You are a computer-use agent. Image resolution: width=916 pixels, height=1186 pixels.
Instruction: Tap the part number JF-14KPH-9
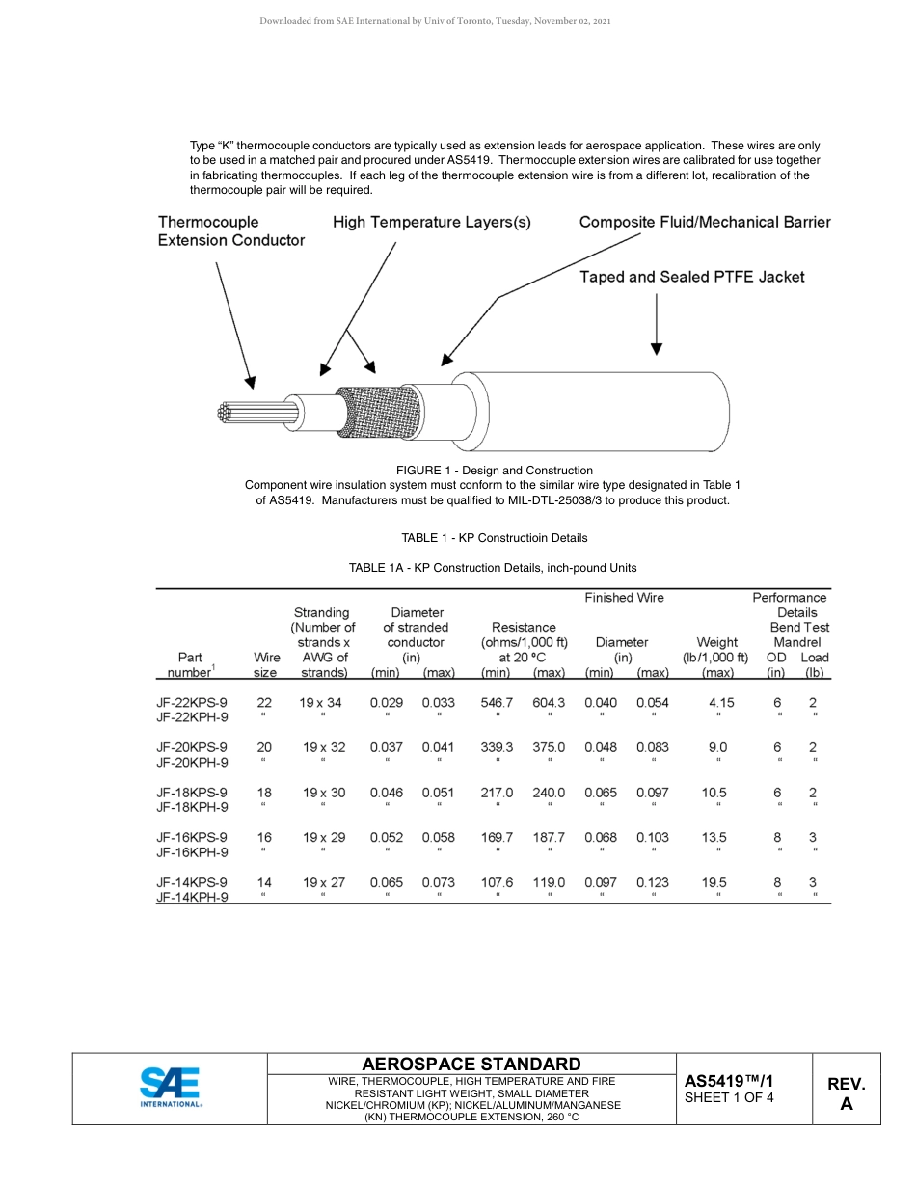click(x=192, y=897)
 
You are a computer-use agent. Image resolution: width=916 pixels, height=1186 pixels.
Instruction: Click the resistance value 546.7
click(x=497, y=703)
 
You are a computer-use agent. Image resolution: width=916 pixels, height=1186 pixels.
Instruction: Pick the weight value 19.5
click(x=714, y=882)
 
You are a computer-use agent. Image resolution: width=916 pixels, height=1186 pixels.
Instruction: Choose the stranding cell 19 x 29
click(x=323, y=838)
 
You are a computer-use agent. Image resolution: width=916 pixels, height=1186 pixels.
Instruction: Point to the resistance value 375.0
click(x=549, y=747)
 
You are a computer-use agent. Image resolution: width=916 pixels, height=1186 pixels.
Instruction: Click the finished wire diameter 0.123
click(x=652, y=882)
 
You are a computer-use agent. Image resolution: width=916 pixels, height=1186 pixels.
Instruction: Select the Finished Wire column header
click(x=624, y=598)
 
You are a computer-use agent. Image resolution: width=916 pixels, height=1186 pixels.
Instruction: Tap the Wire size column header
click(x=266, y=665)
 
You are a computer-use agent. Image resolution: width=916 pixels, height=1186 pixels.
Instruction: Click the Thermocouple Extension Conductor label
click(x=230, y=231)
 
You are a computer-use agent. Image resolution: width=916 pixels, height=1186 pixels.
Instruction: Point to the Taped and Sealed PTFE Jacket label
click(x=691, y=277)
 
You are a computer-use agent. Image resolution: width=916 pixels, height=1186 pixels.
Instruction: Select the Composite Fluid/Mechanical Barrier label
click(x=704, y=222)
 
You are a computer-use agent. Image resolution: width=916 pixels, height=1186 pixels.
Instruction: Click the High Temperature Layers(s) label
click(x=431, y=222)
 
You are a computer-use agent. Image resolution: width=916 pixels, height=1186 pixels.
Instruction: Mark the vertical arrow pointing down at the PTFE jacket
click(x=657, y=324)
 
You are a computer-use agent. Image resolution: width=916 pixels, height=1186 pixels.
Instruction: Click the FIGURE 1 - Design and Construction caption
click(x=494, y=471)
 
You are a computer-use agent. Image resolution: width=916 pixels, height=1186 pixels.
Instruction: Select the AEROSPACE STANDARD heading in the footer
click(x=471, y=1064)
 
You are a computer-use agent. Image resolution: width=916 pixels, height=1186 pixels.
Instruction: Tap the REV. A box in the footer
click(x=846, y=1093)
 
